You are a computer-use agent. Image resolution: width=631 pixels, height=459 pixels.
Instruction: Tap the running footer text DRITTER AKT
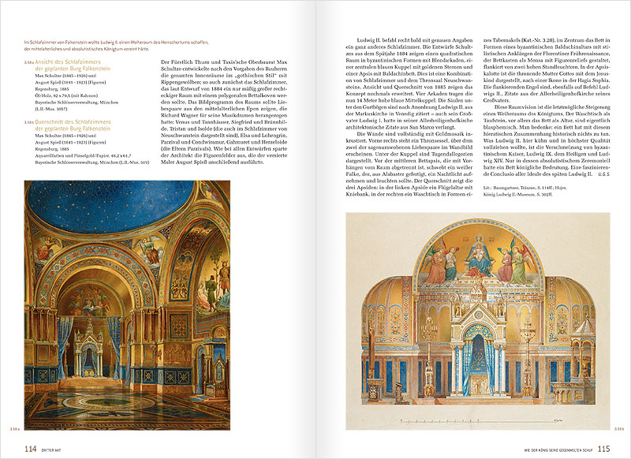pyautogui.click(x=55, y=450)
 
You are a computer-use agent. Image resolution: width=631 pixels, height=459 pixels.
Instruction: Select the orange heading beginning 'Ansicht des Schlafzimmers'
pyautogui.click(x=79, y=66)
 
